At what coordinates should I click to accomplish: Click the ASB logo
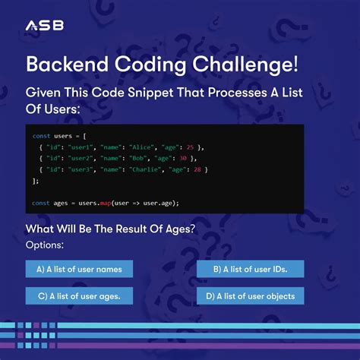click(45, 26)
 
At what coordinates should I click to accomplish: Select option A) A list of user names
click(79, 269)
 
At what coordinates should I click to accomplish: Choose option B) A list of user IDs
click(250, 269)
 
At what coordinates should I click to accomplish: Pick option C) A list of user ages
click(79, 295)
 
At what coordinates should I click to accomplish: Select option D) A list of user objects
click(250, 295)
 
